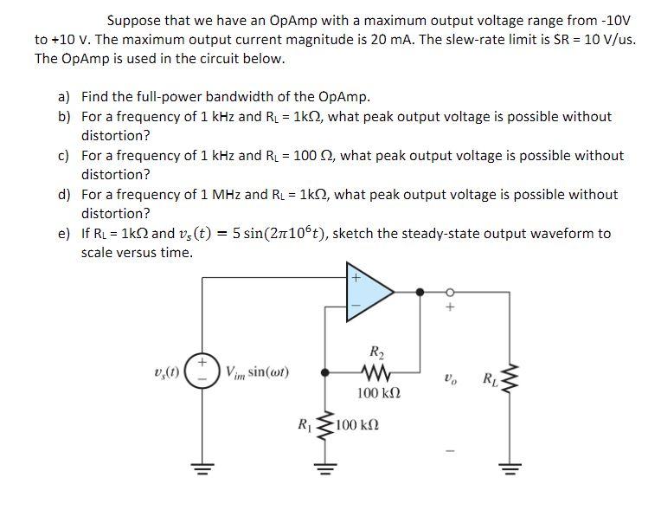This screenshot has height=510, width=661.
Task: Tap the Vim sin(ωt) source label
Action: pos(257,373)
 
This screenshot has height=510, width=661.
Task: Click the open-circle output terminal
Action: pos(448,292)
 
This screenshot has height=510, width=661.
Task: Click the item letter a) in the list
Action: pos(64,97)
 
